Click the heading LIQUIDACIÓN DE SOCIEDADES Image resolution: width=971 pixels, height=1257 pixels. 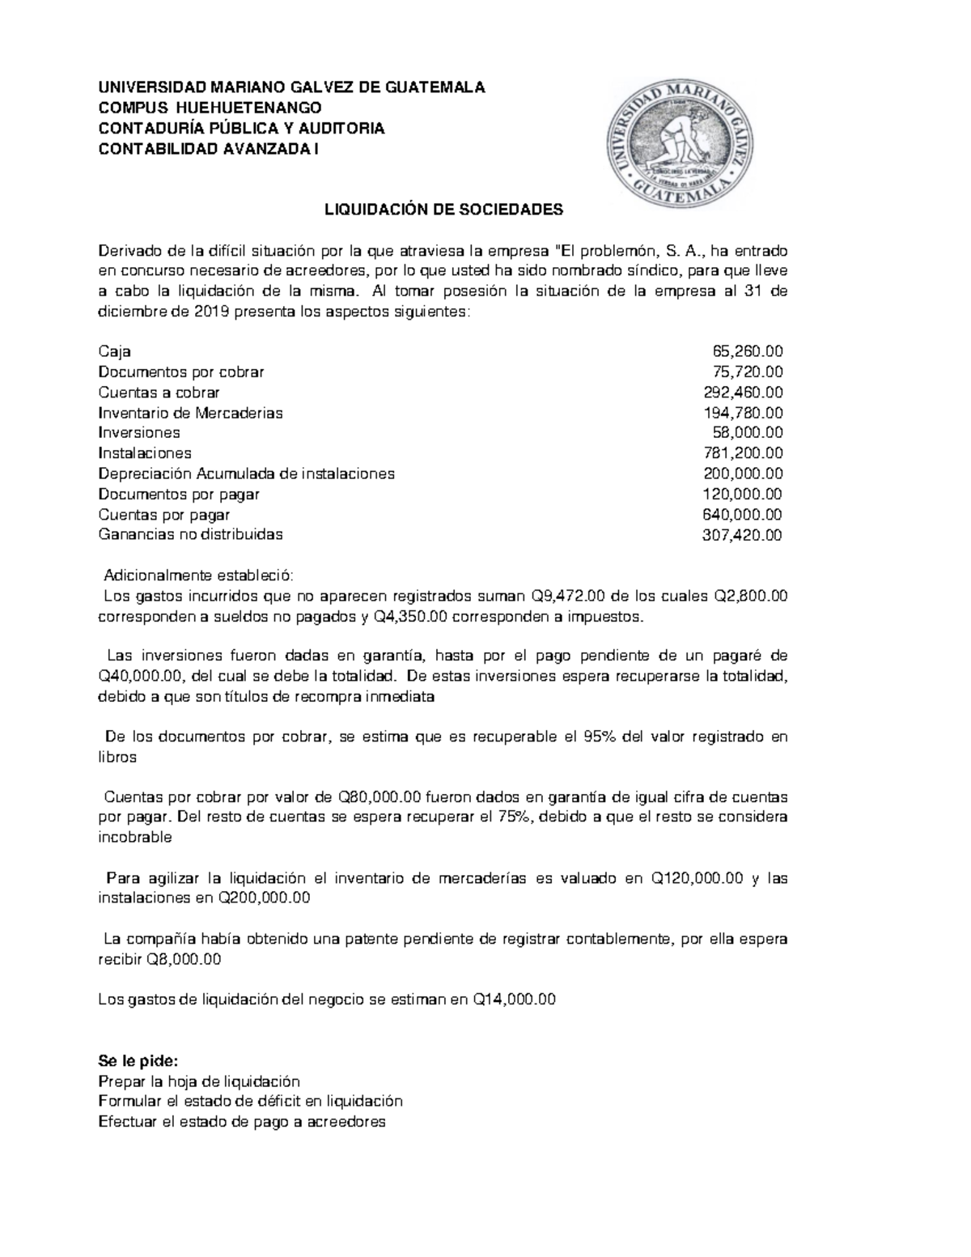443,210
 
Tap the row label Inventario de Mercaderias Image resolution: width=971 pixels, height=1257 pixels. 190,413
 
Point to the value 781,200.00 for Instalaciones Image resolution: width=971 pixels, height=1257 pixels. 742,453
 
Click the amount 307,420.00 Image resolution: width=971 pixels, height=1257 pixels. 742,535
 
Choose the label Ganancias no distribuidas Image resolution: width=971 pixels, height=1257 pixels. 190,535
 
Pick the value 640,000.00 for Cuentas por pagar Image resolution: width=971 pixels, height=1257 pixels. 742,515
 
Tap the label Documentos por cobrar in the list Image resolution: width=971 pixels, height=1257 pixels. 180,372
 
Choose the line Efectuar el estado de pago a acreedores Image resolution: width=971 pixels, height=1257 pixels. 241,1122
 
